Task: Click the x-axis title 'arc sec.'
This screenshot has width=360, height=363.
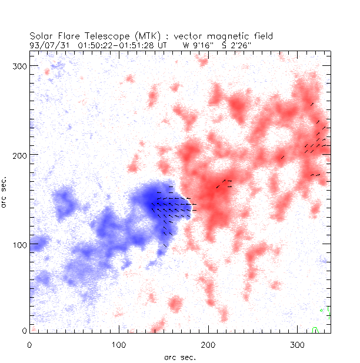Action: pyautogui.click(x=179, y=357)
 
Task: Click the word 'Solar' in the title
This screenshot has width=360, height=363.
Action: pyautogui.click(x=42, y=35)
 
